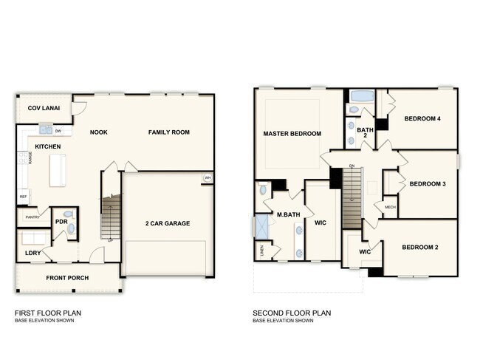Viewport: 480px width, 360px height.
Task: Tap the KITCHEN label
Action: pos(47,146)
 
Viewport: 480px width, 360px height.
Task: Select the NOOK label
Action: pos(99,132)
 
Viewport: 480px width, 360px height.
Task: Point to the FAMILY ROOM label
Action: pos(169,132)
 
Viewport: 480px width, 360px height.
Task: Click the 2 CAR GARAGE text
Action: pos(168,223)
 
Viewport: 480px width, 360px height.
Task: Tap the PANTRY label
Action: pos(32,217)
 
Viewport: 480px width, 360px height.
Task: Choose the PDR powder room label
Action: pos(61,221)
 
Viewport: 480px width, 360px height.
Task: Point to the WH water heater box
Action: pos(208,178)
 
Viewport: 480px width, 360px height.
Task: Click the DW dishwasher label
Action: pos(58,131)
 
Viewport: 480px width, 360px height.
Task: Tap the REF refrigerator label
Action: pos(23,197)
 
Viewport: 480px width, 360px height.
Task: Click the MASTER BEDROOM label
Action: pos(292,134)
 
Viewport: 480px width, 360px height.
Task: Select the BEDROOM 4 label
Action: pos(422,118)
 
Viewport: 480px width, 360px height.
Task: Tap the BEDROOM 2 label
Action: pos(421,247)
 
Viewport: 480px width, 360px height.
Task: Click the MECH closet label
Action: pos(390,208)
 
